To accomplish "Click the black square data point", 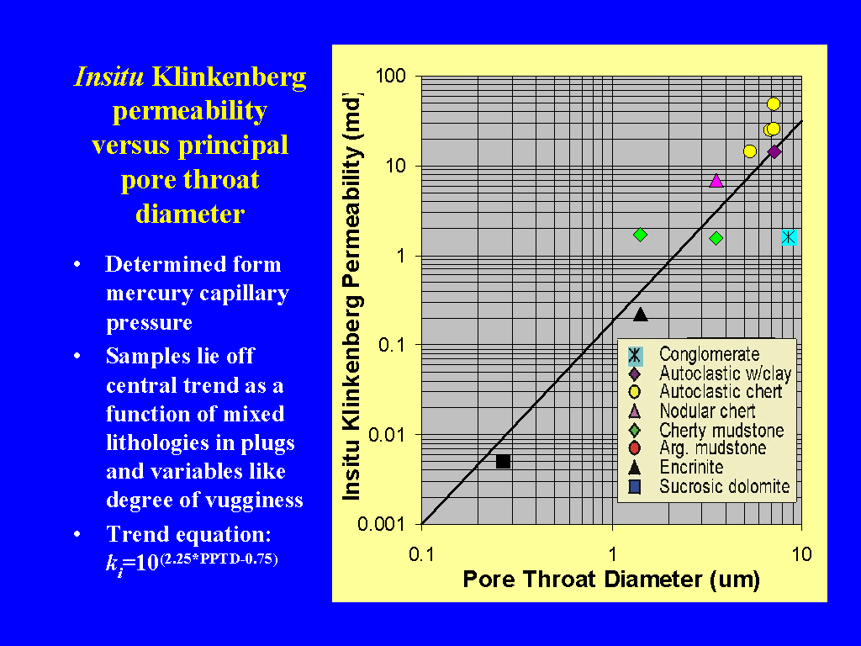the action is (x=503, y=462).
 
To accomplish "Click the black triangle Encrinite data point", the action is (x=640, y=315).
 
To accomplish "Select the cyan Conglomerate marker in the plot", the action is (x=789, y=237).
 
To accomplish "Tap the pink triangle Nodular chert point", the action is (x=716, y=180).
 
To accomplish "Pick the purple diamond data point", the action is (x=774, y=151).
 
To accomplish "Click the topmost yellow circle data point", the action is (x=774, y=103).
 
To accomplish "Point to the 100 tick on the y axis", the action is (x=390, y=76).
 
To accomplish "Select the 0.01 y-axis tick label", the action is (x=387, y=435).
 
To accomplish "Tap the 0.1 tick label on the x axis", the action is (x=421, y=554).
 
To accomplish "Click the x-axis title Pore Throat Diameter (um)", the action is (x=611, y=580).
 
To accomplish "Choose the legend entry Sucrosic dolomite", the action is (x=709, y=486).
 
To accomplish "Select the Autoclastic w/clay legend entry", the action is (x=710, y=373).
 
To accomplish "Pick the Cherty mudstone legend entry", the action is (x=706, y=430).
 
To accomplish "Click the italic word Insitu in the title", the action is (x=108, y=77).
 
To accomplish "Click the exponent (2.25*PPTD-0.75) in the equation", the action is (x=219, y=559).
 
